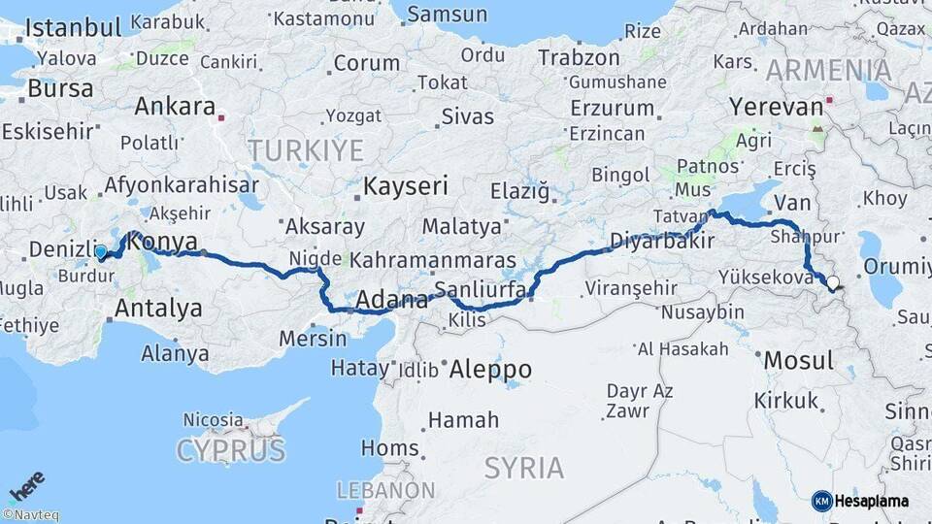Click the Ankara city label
click(x=175, y=106)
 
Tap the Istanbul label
click(x=73, y=27)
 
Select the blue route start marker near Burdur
click(x=101, y=252)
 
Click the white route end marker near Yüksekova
click(x=831, y=283)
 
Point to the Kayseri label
click(x=406, y=185)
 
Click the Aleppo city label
click(x=490, y=369)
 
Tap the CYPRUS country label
click(x=231, y=450)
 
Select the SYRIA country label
click(x=523, y=468)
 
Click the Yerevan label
click(x=776, y=106)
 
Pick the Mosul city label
click(x=798, y=360)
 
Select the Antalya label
click(x=158, y=309)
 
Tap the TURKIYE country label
click(x=305, y=150)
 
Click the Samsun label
click(x=447, y=14)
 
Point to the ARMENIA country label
click(x=828, y=70)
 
